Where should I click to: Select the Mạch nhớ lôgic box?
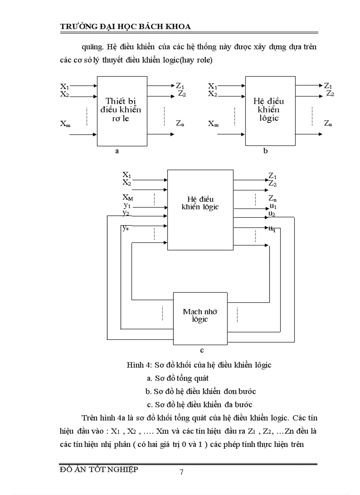click(x=199, y=315)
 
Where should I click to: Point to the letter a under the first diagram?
click(x=117, y=151)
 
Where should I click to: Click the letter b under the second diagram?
click(x=265, y=151)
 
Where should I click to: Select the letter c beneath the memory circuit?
click(x=201, y=350)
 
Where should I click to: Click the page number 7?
click(x=181, y=473)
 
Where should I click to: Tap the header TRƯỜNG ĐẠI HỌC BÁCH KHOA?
click(x=125, y=26)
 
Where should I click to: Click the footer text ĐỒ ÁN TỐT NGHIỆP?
click(x=98, y=469)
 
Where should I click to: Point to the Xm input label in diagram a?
click(x=65, y=124)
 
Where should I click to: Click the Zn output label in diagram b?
click(x=328, y=123)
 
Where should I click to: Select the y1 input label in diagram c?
click(x=127, y=205)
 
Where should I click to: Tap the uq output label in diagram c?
click(x=272, y=228)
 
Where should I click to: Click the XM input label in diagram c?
click(x=128, y=197)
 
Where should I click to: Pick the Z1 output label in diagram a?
click(x=180, y=86)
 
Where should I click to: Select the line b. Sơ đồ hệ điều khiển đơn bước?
click(x=201, y=391)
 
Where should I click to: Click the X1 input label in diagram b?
click(x=213, y=86)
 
